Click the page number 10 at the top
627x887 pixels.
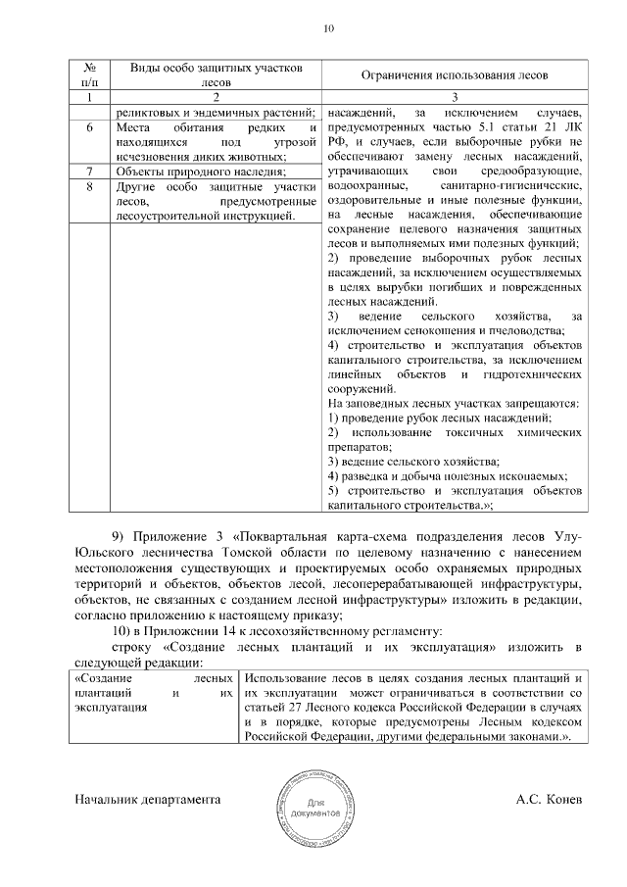[328, 28]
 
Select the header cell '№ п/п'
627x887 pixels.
[90, 74]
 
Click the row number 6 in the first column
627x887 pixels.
[90, 127]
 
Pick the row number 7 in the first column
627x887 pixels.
[90, 171]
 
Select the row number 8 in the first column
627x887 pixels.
[90, 185]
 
